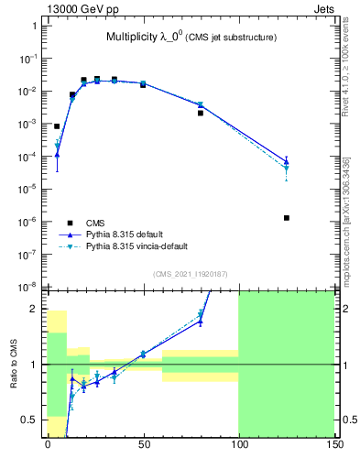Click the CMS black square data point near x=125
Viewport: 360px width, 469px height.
pyautogui.click(x=287, y=218)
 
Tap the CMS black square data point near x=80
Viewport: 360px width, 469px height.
pyautogui.click(x=201, y=113)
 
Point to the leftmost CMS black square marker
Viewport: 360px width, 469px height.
pyautogui.click(x=57, y=126)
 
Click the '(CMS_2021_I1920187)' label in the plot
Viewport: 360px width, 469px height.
pyautogui.click(x=191, y=274)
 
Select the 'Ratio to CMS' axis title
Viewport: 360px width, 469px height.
pyautogui.click(x=14, y=362)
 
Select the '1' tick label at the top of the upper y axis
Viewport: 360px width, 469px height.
pyautogui.click(x=35, y=26)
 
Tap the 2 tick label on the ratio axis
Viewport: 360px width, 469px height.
pyautogui.click(x=35, y=309)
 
